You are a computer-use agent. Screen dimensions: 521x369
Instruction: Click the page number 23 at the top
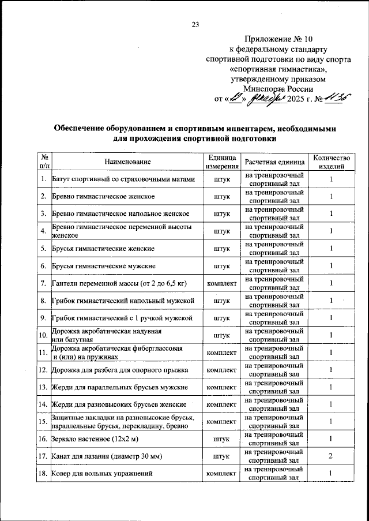coord(195,24)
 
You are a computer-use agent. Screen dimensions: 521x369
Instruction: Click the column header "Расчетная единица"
coord(274,162)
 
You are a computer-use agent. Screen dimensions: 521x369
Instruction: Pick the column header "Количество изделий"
coord(331,162)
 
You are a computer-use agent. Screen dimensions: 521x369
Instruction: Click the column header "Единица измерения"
coord(222,162)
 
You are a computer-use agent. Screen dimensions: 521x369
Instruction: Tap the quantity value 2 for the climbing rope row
coord(331,456)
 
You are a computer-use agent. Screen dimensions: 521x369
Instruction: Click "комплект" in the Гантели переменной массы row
coord(222,283)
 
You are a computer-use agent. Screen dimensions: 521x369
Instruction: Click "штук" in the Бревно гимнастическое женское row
coord(222,197)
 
